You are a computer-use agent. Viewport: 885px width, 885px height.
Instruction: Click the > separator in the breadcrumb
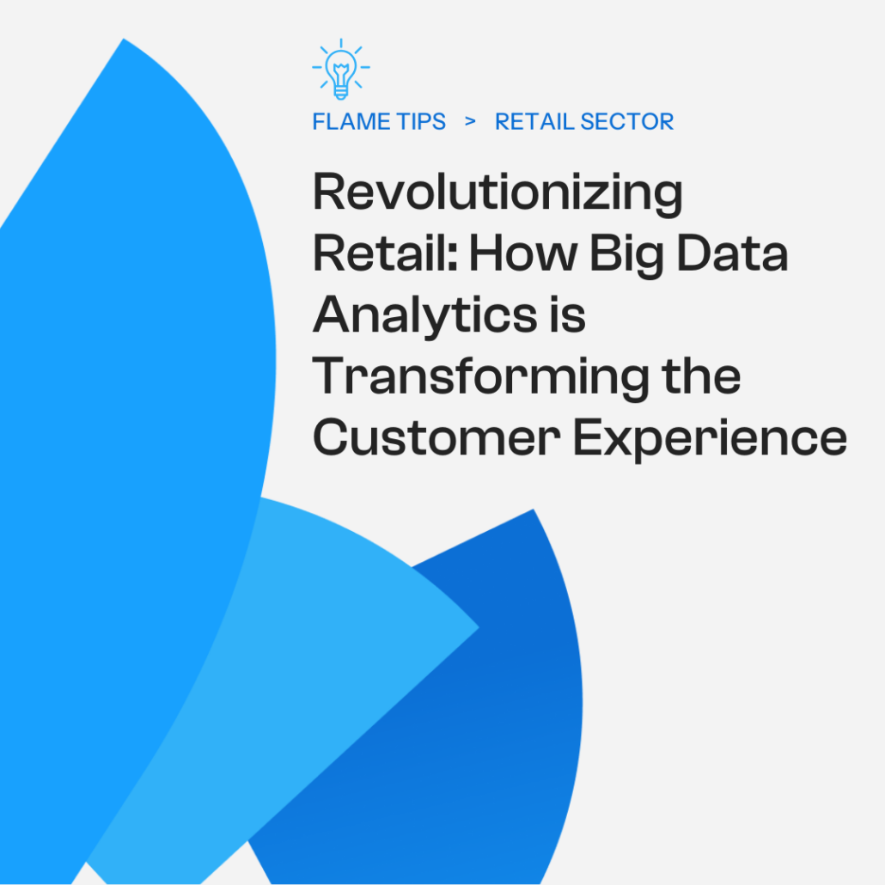click(x=470, y=121)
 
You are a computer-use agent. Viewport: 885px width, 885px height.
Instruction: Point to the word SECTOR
click(x=627, y=122)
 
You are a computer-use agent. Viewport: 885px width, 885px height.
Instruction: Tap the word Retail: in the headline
click(x=382, y=254)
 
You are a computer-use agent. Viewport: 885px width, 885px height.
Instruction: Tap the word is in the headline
click(x=567, y=315)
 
